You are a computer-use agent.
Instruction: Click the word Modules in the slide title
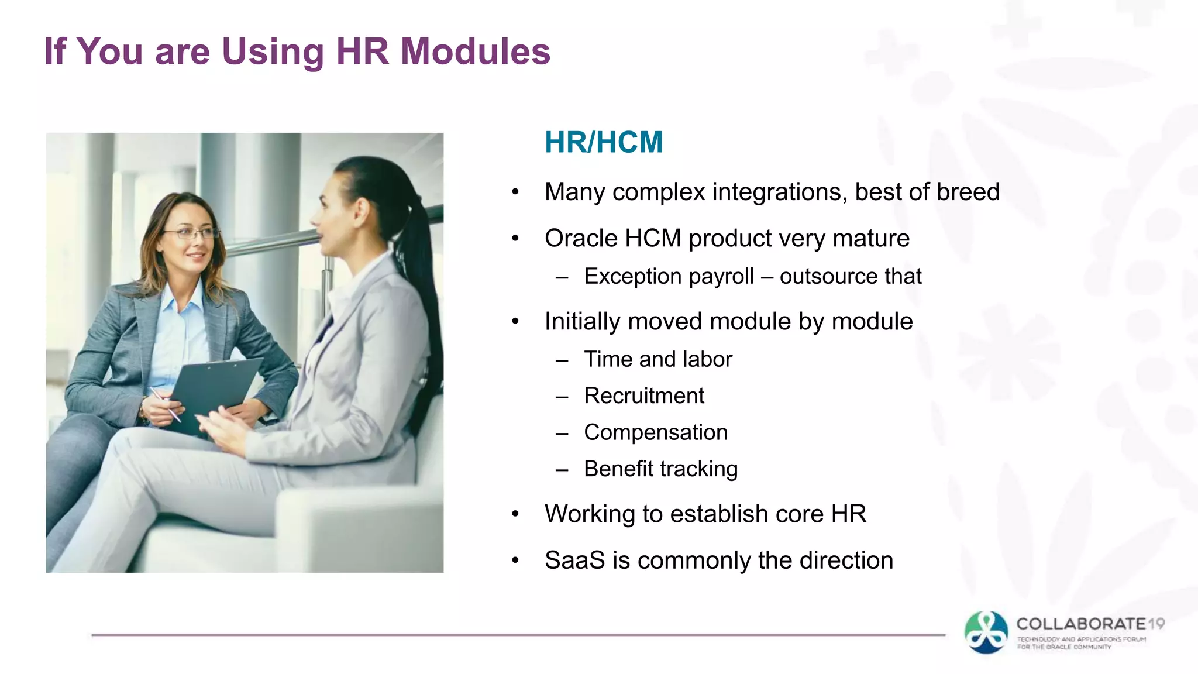(475, 51)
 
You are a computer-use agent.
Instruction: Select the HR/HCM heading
(604, 142)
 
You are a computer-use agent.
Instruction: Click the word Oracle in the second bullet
(581, 239)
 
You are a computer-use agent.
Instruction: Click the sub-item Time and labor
(657, 359)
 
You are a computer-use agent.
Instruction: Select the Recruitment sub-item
(644, 396)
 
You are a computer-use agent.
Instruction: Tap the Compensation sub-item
(656, 432)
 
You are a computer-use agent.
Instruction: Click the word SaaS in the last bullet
(574, 560)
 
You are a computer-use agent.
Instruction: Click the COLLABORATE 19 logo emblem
(986, 632)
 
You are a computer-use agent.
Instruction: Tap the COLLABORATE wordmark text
(1081, 624)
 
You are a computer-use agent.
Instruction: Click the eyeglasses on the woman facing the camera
(190, 234)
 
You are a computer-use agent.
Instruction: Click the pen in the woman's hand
(166, 404)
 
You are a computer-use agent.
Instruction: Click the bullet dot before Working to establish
(515, 514)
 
